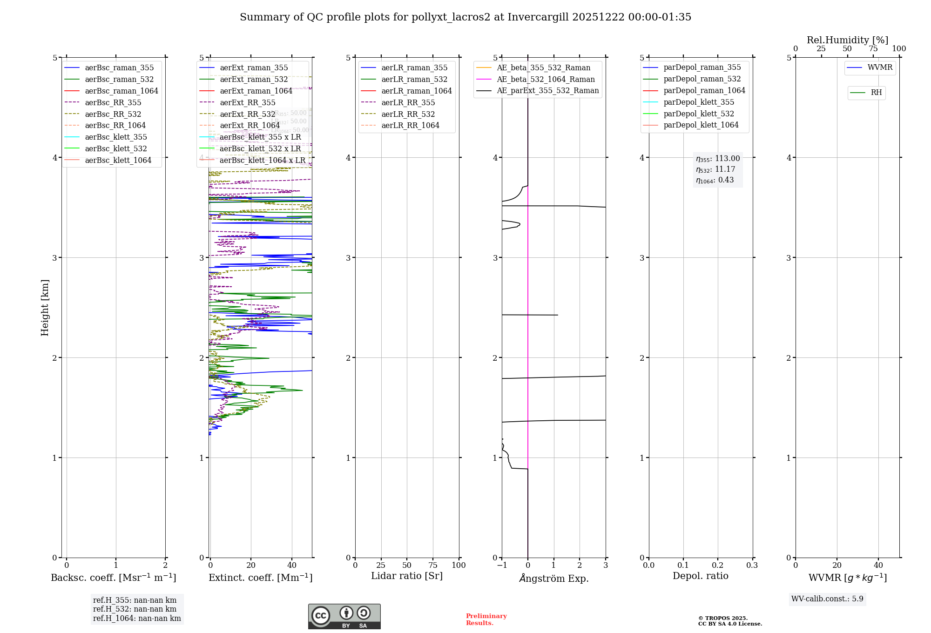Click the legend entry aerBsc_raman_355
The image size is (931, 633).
pos(119,68)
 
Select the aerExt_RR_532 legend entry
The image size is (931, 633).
pos(247,114)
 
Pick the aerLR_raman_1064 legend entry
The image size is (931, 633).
pos(416,91)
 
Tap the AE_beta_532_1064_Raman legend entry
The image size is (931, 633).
pos(546,79)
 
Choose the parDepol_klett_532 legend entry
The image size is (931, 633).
pos(698,114)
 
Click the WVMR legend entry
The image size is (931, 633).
pos(880,67)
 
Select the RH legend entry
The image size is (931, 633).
pos(876,93)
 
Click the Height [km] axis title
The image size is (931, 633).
pos(45,307)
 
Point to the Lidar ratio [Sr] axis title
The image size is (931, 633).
pos(407,576)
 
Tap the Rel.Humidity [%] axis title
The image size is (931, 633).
pos(847,40)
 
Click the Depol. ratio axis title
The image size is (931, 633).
pos(700,576)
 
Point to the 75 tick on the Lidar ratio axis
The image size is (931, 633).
pos(433,565)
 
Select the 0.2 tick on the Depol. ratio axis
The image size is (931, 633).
pos(718,565)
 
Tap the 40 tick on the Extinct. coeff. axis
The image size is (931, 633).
pos(292,565)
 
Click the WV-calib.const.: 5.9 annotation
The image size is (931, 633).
pos(827,599)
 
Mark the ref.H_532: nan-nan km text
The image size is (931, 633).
pos(135,609)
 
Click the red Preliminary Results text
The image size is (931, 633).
pos(486,620)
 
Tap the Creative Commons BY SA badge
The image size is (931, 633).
pos(344,616)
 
